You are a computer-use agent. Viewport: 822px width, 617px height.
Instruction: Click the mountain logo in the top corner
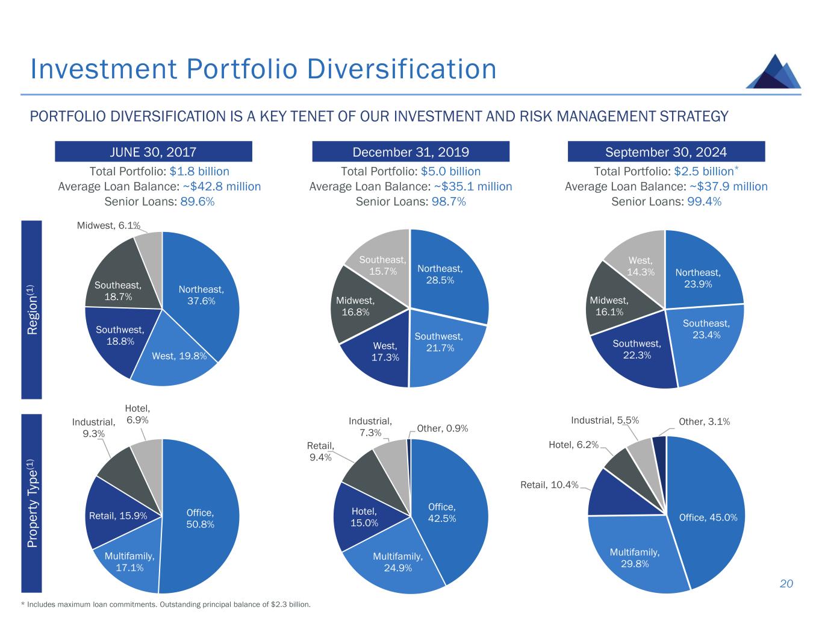pyautogui.click(x=773, y=72)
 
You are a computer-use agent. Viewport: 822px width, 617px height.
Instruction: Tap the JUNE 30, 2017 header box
pyautogui.click(x=153, y=151)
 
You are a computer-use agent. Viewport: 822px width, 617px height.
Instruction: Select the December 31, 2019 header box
pyautogui.click(x=410, y=151)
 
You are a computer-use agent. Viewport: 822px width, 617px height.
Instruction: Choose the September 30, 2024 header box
pyautogui.click(x=666, y=151)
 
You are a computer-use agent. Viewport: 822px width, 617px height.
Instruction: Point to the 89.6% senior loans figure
pyautogui.click(x=197, y=202)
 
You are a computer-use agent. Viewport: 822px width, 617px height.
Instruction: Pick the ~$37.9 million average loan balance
pyautogui.click(x=728, y=187)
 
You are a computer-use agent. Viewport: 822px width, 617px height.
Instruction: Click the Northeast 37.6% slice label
pyautogui.click(x=201, y=295)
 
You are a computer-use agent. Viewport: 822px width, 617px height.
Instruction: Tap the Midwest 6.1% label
pyautogui.click(x=108, y=226)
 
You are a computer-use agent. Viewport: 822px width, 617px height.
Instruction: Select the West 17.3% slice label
pyautogui.click(x=385, y=352)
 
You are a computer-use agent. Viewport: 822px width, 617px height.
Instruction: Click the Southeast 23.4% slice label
pyautogui.click(x=706, y=329)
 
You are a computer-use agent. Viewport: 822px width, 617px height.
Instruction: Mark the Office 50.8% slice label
pyautogui.click(x=200, y=518)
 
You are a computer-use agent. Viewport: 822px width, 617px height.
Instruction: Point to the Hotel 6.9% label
pyautogui.click(x=137, y=415)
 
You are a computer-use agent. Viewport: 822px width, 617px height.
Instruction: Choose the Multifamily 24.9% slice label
pyautogui.click(x=397, y=562)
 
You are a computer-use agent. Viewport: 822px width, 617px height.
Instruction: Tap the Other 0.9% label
pyautogui.click(x=442, y=428)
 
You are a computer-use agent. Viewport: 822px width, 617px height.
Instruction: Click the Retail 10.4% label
pyautogui.click(x=549, y=485)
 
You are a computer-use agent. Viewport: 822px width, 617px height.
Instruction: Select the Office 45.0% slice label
pyautogui.click(x=708, y=517)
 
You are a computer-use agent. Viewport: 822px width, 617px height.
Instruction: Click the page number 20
pyautogui.click(x=786, y=583)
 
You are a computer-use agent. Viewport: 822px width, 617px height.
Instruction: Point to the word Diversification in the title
pyautogui.click(x=401, y=69)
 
